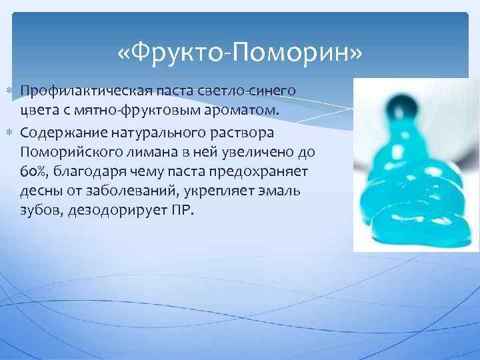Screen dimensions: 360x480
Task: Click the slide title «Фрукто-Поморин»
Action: (240, 51)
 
